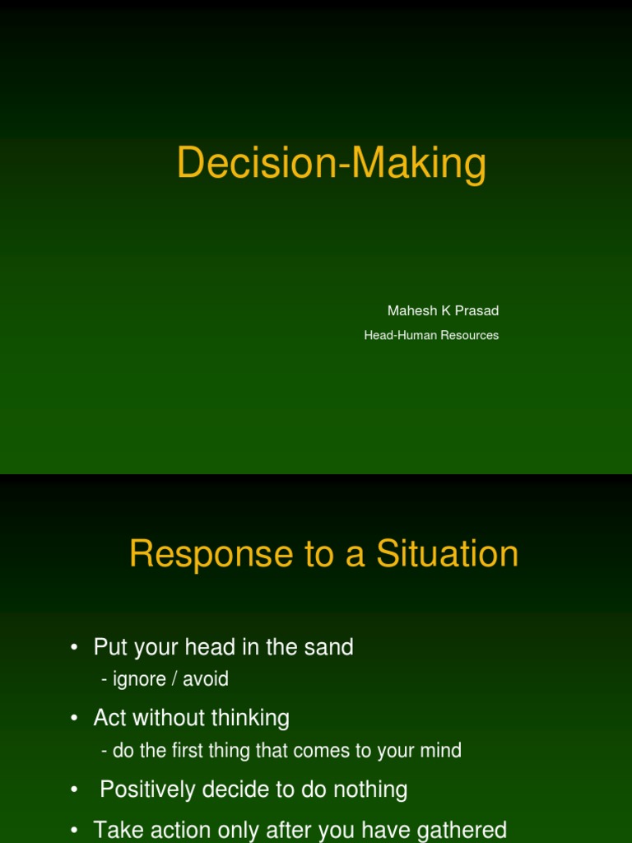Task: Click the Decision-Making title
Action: click(x=331, y=162)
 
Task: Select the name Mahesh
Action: click(x=411, y=310)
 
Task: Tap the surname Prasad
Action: click(x=478, y=310)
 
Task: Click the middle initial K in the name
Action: click(x=445, y=310)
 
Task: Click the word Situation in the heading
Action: click(x=448, y=554)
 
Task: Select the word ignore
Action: click(x=137, y=679)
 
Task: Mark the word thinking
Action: click(x=250, y=718)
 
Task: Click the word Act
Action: click(x=109, y=718)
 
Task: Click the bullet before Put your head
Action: click(x=75, y=648)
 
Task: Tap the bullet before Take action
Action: click(x=75, y=831)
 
